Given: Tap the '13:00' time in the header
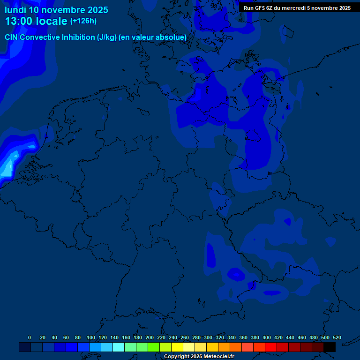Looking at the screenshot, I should pyautogui.click(x=19, y=21).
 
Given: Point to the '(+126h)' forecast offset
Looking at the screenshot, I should pyautogui.click(x=83, y=21).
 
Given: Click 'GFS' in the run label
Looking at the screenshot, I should pyautogui.click(x=259, y=8).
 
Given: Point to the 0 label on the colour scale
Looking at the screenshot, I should pyautogui.click(x=30, y=338).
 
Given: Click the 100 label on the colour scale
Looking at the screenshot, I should pyautogui.click(x=90, y=338).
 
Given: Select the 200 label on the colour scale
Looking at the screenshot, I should pyautogui.click(x=149, y=338).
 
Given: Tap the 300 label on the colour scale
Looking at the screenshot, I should pyautogui.click(x=208, y=338).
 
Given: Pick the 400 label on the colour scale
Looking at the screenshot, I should pyautogui.click(x=266, y=338).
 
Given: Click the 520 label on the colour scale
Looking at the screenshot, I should pyautogui.click(x=337, y=338).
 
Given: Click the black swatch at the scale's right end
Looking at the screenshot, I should pyautogui.click(x=330, y=347).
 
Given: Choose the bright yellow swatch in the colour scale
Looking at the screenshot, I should pyautogui.click(x=177, y=347).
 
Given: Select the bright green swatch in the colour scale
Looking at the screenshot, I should pyautogui.click(x=154, y=347).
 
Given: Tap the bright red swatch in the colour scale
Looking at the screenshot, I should pyautogui.click(x=271, y=347).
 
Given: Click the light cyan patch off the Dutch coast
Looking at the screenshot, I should pyautogui.click(x=7, y=167).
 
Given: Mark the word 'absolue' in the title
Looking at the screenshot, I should pyautogui.click(x=172, y=37).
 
